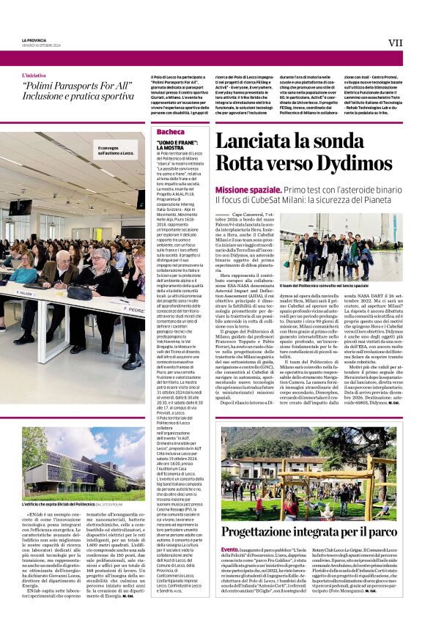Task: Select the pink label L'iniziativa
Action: click(33, 75)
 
